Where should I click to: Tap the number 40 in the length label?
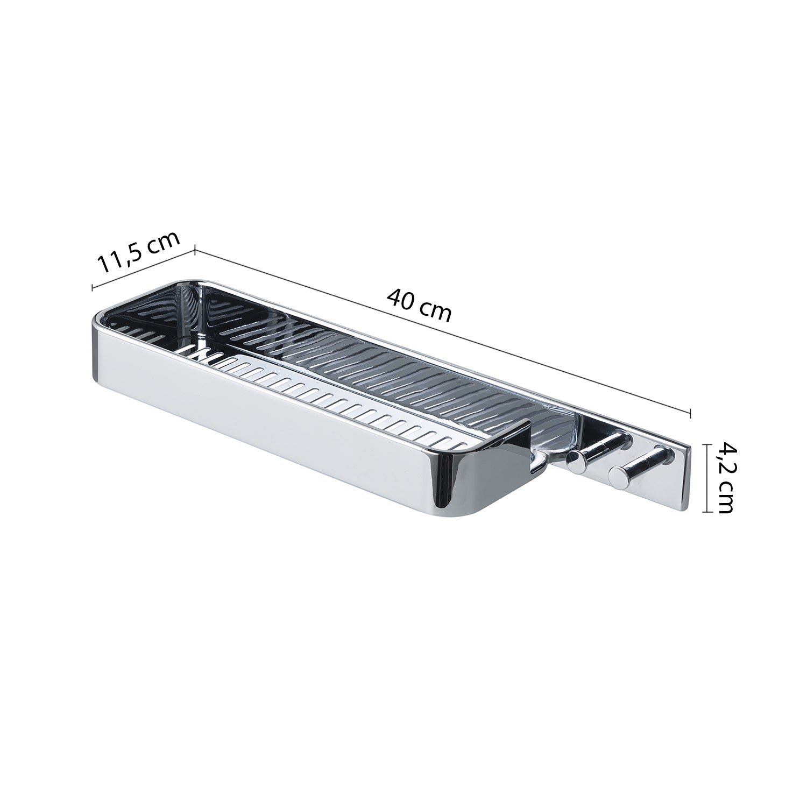(x=401, y=299)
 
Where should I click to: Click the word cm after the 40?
(x=436, y=312)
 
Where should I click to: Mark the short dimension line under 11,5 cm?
(x=143, y=268)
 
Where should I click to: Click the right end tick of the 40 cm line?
(x=690, y=413)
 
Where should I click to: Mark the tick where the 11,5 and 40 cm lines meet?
(x=194, y=250)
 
